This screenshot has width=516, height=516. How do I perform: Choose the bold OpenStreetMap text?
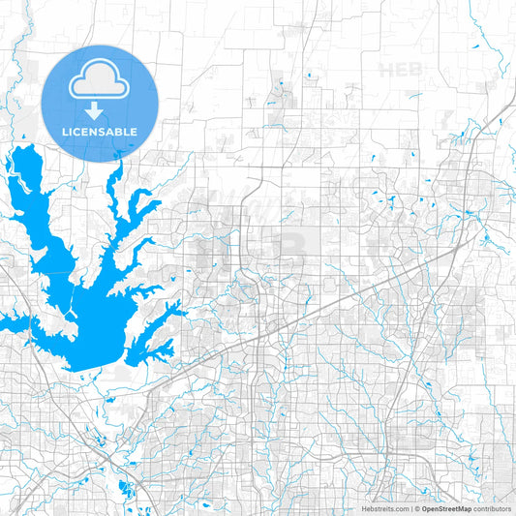[x=445, y=508]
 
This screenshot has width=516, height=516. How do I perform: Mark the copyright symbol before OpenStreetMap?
[x=416, y=508]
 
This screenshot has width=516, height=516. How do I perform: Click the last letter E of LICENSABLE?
[x=134, y=131]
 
